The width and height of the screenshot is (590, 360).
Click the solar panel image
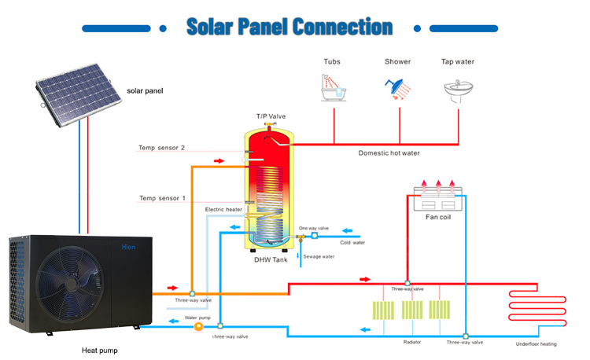click(x=78, y=94)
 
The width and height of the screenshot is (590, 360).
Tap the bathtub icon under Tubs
click(x=334, y=88)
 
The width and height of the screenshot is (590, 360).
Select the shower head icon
click(x=398, y=89)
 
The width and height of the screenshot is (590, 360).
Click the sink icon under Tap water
click(x=459, y=91)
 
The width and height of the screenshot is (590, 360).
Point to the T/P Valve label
click(x=271, y=116)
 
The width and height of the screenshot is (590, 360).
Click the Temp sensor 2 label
click(x=161, y=148)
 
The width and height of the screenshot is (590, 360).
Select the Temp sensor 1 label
click(x=162, y=198)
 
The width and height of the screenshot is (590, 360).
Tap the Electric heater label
click(x=223, y=209)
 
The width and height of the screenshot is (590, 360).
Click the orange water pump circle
click(x=198, y=326)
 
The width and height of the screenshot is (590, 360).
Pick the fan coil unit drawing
click(x=438, y=198)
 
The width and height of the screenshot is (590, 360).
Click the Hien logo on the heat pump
click(x=128, y=247)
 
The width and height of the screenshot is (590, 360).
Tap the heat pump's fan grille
click(x=69, y=284)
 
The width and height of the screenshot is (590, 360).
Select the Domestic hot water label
click(x=389, y=153)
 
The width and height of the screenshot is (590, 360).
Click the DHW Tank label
click(x=271, y=259)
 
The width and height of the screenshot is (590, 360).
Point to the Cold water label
click(x=352, y=242)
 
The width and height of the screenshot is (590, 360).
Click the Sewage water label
click(x=319, y=257)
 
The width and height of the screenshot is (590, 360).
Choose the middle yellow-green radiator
click(x=412, y=310)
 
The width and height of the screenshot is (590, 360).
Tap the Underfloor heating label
click(x=536, y=343)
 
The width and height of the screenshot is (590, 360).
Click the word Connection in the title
click(x=342, y=27)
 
